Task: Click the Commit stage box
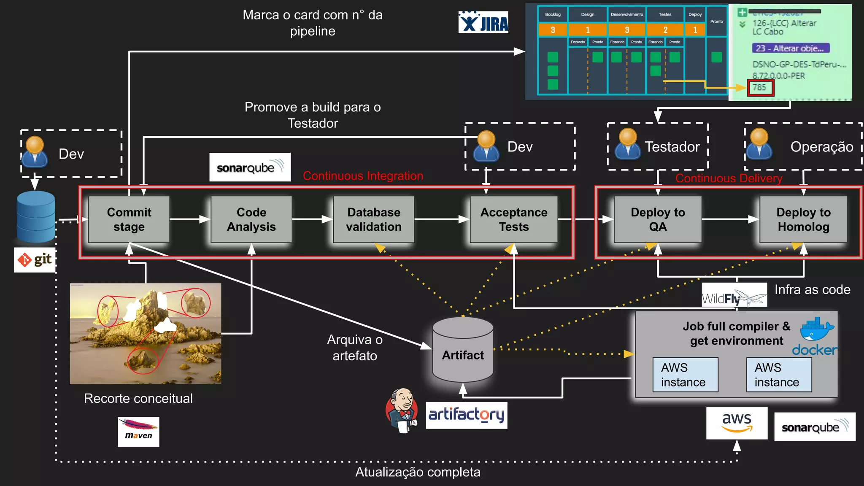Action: click(129, 219)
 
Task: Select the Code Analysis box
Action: click(251, 219)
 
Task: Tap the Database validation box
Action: click(374, 219)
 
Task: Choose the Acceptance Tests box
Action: click(513, 219)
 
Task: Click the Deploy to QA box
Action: click(658, 219)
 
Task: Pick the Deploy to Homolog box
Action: click(803, 219)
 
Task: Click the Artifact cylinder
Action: click(463, 350)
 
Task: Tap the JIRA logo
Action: click(483, 22)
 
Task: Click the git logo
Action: click(35, 259)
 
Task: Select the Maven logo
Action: click(138, 432)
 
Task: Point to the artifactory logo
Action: click(466, 415)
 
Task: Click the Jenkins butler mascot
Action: click(402, 410)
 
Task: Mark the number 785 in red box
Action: click(760, 88)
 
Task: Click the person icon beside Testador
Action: click(628, 144)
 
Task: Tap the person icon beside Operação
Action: click(759, 144)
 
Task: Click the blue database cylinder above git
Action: click(36, 216)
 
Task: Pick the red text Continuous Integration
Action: click(363, 176)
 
